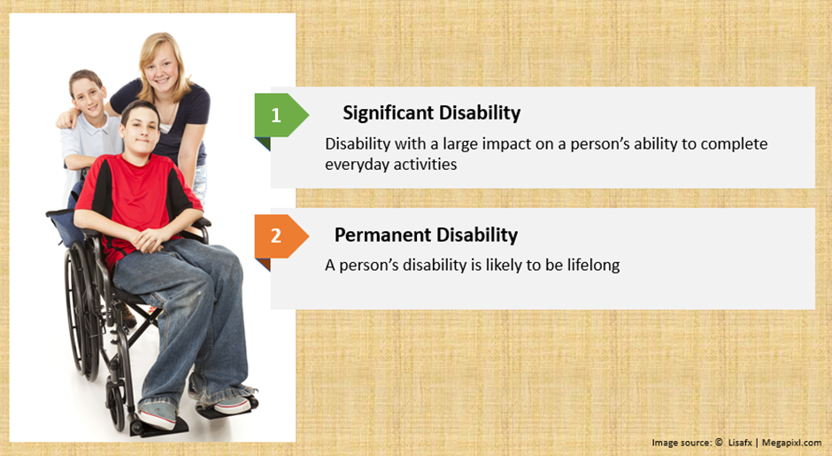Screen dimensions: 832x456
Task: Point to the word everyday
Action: click(356, 165)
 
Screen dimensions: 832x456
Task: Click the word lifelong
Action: click(593, 265)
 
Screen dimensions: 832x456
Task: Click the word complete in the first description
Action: click(735, 144)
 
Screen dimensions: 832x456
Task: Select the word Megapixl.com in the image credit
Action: click(791, 442)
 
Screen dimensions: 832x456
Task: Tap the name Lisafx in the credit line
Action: click(740, 442)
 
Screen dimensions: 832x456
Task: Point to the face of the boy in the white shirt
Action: click(89, 96)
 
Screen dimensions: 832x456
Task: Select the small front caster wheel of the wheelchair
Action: click(114, 403)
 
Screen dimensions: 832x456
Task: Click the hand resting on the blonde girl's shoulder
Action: click(67, 120)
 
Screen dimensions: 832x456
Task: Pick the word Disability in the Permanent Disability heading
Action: click(477, 235)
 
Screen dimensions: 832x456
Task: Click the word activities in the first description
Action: click(425, 165)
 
